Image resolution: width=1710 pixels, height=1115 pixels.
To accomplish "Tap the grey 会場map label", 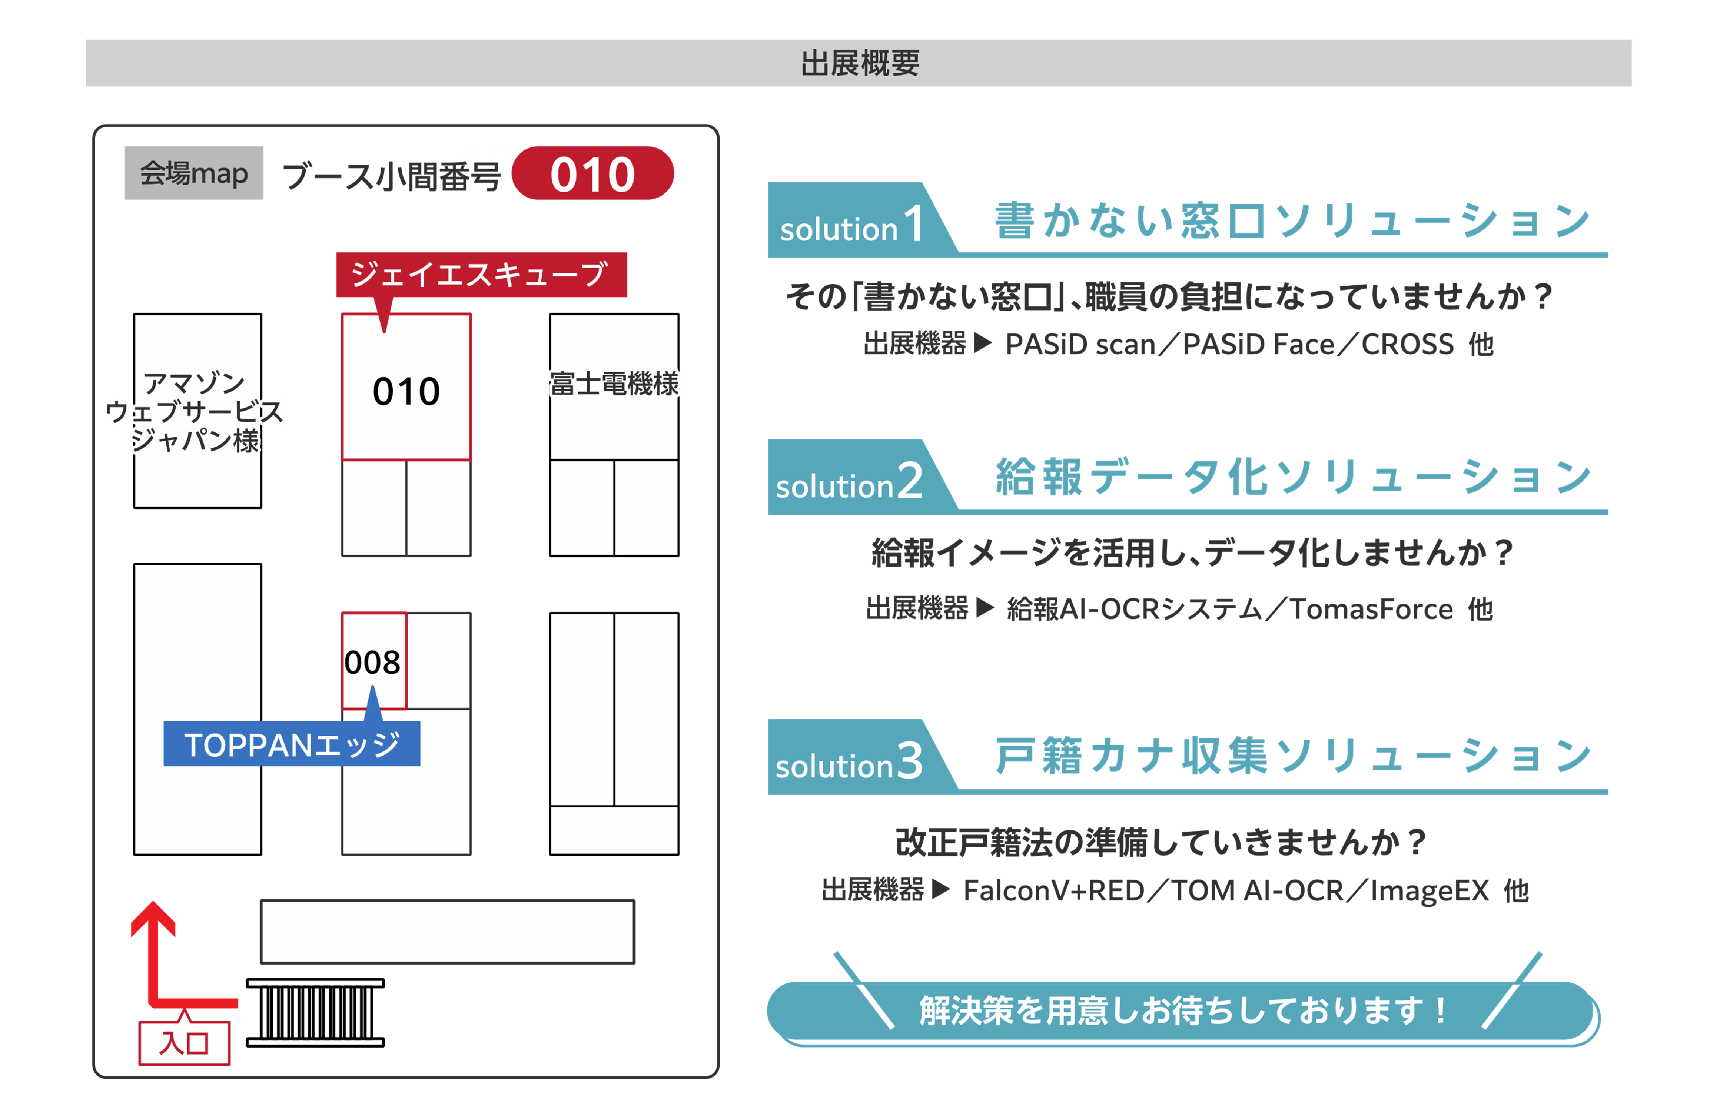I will (x=194, y=173).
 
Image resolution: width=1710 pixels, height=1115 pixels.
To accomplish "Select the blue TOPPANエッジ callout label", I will (x=292, y=744).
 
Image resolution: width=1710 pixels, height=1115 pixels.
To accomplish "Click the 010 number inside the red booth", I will (x=406, y=392).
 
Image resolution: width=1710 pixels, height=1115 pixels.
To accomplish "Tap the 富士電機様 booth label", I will (x=614, y=384).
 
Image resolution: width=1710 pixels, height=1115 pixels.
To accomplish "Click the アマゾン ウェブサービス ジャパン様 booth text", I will (x=195, y=412).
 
